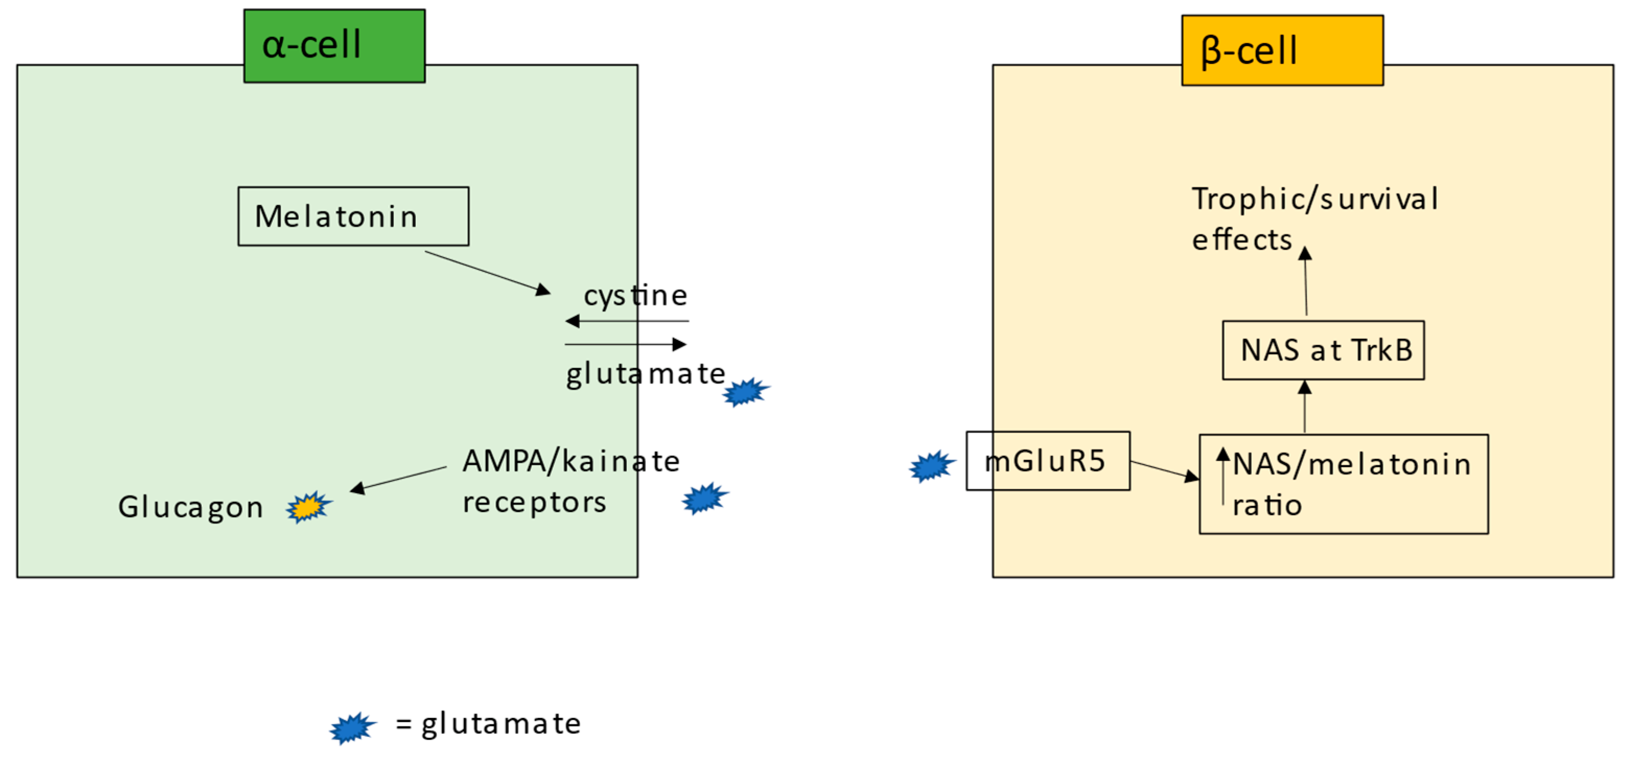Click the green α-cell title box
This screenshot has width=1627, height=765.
click(x=334, y=45)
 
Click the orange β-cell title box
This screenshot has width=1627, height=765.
click(x=1282, y=51)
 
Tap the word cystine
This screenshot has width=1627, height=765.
click(x=635, y=296)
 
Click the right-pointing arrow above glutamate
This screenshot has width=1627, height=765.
click(x=625, y=344)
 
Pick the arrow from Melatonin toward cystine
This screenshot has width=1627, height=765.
click(x=487, y=272)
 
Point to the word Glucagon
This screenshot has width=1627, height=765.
click(x=191, y=507)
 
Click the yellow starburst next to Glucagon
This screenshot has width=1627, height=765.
click(x=308, y=507)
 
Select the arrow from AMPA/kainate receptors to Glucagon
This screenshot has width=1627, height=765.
click(x=398, y=478)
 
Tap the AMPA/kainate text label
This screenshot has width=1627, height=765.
click(x=571, y=461)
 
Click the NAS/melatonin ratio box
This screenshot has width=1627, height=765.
click(x=1343, y=484)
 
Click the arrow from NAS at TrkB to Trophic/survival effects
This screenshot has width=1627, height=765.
click(x=1305, y=281)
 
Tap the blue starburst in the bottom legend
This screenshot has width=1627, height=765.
click(x=353, y=728)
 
